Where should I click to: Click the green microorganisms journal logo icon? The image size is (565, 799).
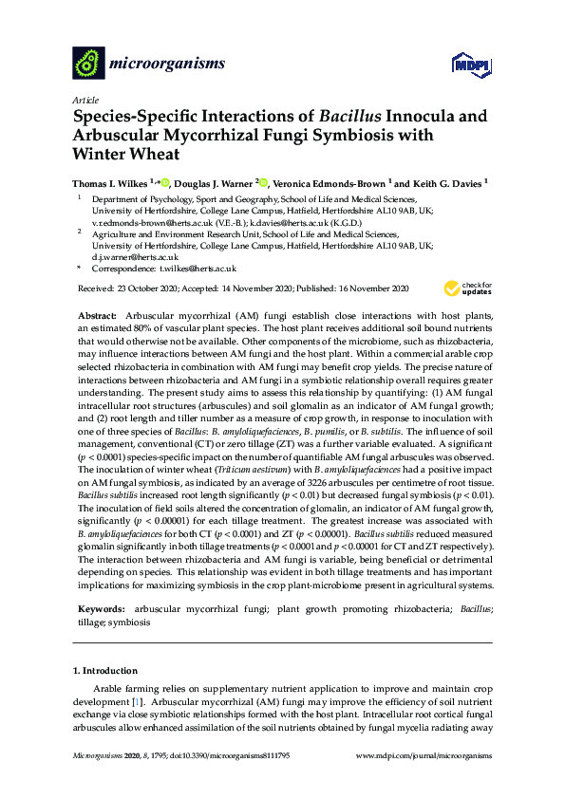click(x=88, y=64)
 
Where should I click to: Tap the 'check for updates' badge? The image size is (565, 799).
click(x=466, y=289)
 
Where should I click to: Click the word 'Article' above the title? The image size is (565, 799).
click(x=84, y=100)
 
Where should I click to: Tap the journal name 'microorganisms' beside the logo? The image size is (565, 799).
click(x=168, y=64)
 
